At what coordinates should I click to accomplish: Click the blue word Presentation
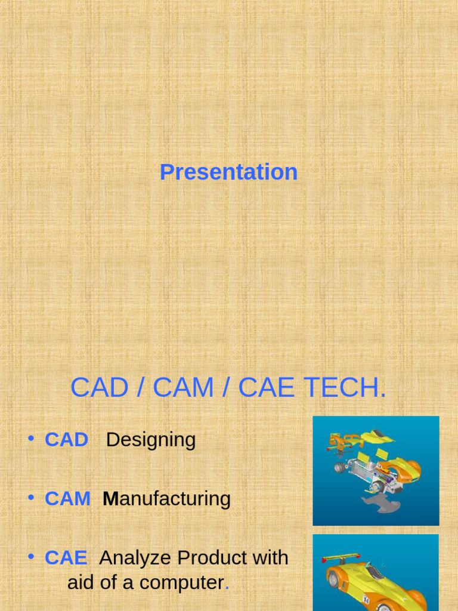click(x=228, y=172)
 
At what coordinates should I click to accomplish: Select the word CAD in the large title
click(x=99, y=388)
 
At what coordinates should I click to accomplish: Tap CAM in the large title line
click(x=183, y=388)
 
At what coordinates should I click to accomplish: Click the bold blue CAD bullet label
click(x=66, y=440)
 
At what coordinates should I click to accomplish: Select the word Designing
click(x=150, y=440)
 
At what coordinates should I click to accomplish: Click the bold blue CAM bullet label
click(x=67, y=499)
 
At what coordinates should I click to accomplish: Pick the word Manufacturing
click(x=166, y=499)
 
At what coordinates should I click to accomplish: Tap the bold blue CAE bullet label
click(x=66, y=558)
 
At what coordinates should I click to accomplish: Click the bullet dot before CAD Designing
click(x=30, y=439)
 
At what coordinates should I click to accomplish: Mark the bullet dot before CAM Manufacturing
click(x=30, y=498)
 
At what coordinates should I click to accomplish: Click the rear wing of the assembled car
click(x=341, y=558)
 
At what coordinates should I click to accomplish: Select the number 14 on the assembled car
click(x=366, y=599)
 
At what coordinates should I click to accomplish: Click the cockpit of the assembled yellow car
click(x=375, y=572)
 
